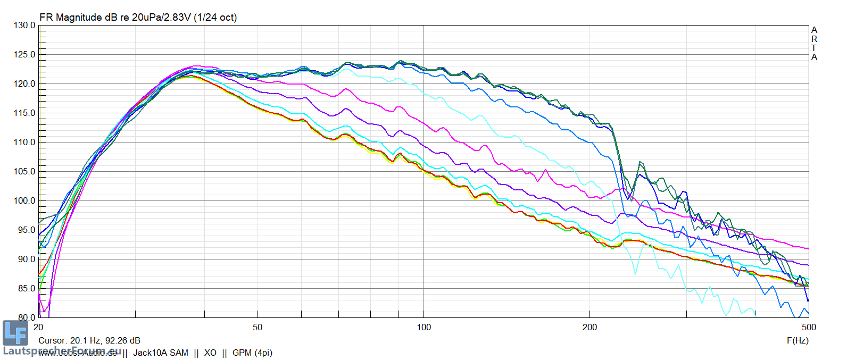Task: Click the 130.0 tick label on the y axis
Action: click(24, 26)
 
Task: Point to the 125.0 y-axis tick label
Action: click(24, 55)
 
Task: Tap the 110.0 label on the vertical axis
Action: click(24, 143)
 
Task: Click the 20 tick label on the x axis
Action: click(38, 327)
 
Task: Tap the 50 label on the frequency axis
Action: click(258, 327)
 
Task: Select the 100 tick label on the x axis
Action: click(423, 327)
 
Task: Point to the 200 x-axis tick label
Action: click(589, 327)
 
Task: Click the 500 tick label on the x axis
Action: click(809, 327)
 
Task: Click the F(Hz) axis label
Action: click(798, 340)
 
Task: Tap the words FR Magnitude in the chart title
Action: click(71, 18)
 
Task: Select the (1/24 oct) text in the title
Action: click(215, 18)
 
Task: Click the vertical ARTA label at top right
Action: click(814, 44)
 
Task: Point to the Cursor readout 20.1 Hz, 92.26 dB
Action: click(89, 340)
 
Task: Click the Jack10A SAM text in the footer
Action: click(161, 353)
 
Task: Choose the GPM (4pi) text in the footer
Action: click(252, 353)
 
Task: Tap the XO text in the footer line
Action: click(210, 353)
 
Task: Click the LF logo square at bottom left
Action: click(15, 333)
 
